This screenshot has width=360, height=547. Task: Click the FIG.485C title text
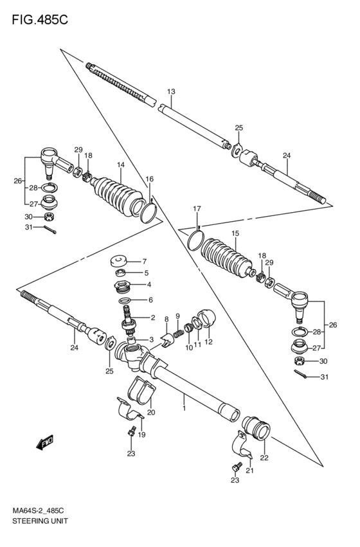point(40,20)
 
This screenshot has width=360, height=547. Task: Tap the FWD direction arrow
point(44,442)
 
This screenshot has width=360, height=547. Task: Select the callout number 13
point(171,92)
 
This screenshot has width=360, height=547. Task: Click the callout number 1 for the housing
point(184,408)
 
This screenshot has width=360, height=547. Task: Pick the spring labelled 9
point(178,334)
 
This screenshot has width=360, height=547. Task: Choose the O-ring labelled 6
point(125,300)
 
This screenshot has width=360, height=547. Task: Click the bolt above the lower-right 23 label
point(237,467)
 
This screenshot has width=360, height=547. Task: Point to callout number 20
point(150,413)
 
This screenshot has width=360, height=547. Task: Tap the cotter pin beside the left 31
point(50,229)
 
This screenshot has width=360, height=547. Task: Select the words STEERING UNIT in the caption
point(40,521)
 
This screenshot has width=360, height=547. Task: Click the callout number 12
point(208,342)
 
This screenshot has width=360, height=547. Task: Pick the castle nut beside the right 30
point(301,361)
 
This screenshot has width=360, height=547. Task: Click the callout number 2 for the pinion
point(153,318)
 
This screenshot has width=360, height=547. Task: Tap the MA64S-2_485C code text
point(38,511)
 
